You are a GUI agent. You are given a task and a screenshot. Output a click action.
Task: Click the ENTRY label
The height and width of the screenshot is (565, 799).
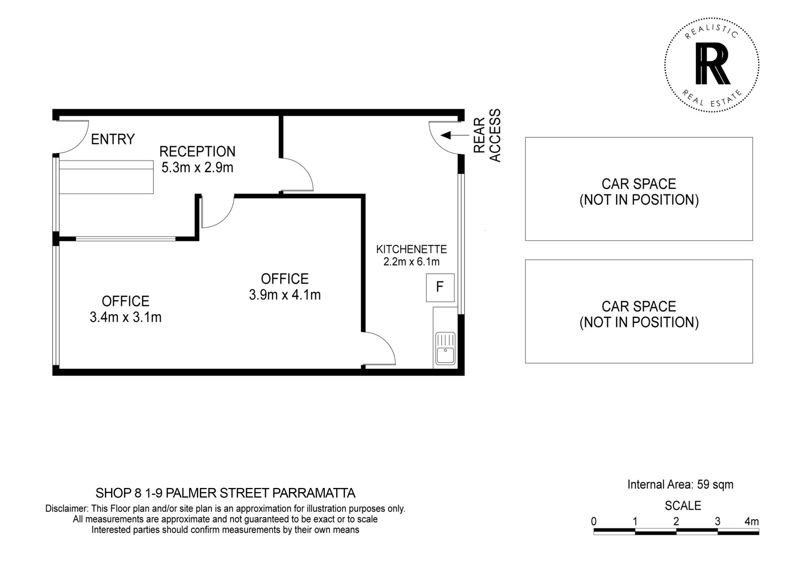click(113, 139)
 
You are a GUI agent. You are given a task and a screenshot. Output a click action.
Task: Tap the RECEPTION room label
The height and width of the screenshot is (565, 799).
click(197, 151)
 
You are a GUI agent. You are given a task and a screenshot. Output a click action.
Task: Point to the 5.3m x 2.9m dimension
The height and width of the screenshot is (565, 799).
click(197, 167)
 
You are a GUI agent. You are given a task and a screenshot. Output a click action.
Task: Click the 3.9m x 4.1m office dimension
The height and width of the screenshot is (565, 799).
click(285, 295)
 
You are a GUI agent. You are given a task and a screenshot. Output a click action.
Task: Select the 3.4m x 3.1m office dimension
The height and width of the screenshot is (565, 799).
click(126, 317)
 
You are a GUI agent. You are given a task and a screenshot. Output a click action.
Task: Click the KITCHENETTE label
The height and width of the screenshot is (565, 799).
click(412, 249)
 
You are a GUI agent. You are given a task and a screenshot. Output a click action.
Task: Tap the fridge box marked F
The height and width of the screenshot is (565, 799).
click(440, 288)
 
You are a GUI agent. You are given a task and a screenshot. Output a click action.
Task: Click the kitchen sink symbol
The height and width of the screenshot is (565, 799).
click(445, 348)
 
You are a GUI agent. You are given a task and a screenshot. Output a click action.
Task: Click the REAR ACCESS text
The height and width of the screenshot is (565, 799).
click(487, 135)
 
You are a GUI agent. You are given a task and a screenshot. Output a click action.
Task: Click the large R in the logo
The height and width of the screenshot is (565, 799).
click(712, 64)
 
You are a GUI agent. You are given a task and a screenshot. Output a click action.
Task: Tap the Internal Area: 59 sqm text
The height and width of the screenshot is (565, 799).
click(680, 485)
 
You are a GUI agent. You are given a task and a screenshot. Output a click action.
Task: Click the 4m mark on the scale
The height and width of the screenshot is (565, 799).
click(752, 521)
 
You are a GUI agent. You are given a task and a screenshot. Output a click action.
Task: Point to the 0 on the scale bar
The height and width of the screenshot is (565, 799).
click(594, 521)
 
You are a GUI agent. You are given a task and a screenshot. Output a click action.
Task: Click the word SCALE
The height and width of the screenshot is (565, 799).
click(683, 505)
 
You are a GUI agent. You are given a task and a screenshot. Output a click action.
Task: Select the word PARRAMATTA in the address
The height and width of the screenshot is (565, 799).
click(314, 493)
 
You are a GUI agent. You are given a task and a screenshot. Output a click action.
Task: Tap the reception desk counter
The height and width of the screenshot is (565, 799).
click(106, 177)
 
